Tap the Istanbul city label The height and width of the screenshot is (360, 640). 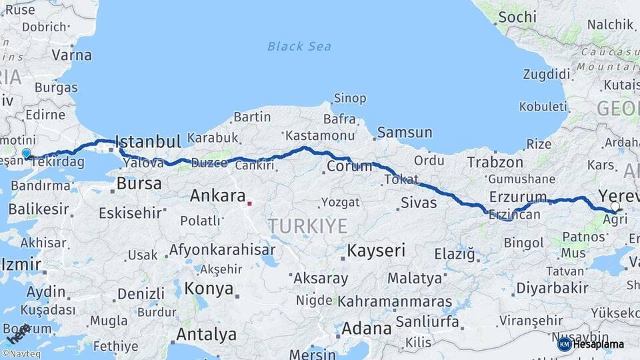point(148,141)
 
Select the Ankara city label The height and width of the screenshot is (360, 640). point(218,196)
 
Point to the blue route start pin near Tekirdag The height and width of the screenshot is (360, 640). point(27,154)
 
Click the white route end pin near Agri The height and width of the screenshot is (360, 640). point(615,207)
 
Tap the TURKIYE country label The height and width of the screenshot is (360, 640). point(308,227)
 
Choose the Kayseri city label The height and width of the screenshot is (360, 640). point(376,251)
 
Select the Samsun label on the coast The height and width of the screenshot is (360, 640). point(405,133)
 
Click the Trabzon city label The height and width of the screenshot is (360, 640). point(495,162)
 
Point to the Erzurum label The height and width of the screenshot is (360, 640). point(517,197)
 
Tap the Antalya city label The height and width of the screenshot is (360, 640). point(207,334)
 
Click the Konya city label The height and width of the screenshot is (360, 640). point(209,289)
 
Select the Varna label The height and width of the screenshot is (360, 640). point(71,55)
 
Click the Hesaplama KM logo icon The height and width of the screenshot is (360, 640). point(564,344)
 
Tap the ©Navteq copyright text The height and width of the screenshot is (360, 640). point(21,354)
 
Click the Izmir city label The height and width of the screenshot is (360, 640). point(21,264)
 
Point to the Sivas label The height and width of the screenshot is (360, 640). point(419,202)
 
